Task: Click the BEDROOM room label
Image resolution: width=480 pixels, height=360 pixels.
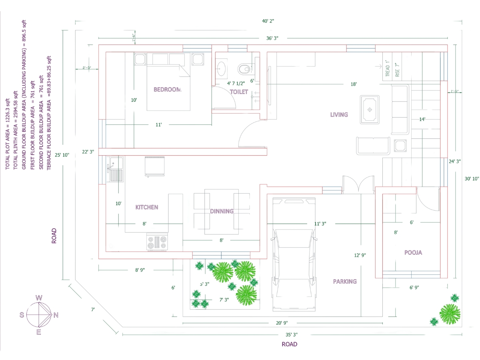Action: tap(167, 90)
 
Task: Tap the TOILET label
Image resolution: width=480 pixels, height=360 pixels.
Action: tap(239, 92)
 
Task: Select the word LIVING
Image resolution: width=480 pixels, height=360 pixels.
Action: tap(339, 114)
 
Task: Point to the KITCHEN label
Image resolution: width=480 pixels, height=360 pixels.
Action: tap(146, 207)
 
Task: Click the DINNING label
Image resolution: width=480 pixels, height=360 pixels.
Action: tap(222, 211)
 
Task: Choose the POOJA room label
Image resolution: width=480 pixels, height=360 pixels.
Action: tap(413, 252)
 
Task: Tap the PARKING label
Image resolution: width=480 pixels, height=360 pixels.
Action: tap(344, 281)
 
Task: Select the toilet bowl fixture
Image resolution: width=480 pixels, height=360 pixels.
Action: tap(243, 69)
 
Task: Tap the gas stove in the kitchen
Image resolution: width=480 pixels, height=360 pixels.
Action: tap(157, 242)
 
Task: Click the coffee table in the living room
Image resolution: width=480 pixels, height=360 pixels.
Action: tap(370, 109)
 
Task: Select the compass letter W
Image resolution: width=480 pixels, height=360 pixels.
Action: tap(39, 298)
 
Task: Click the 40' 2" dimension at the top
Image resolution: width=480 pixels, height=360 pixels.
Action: tap(268, 21)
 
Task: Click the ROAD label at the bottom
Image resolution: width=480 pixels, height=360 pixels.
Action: tap(289, 344)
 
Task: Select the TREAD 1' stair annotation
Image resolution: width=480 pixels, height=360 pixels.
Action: tap(387, 68)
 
